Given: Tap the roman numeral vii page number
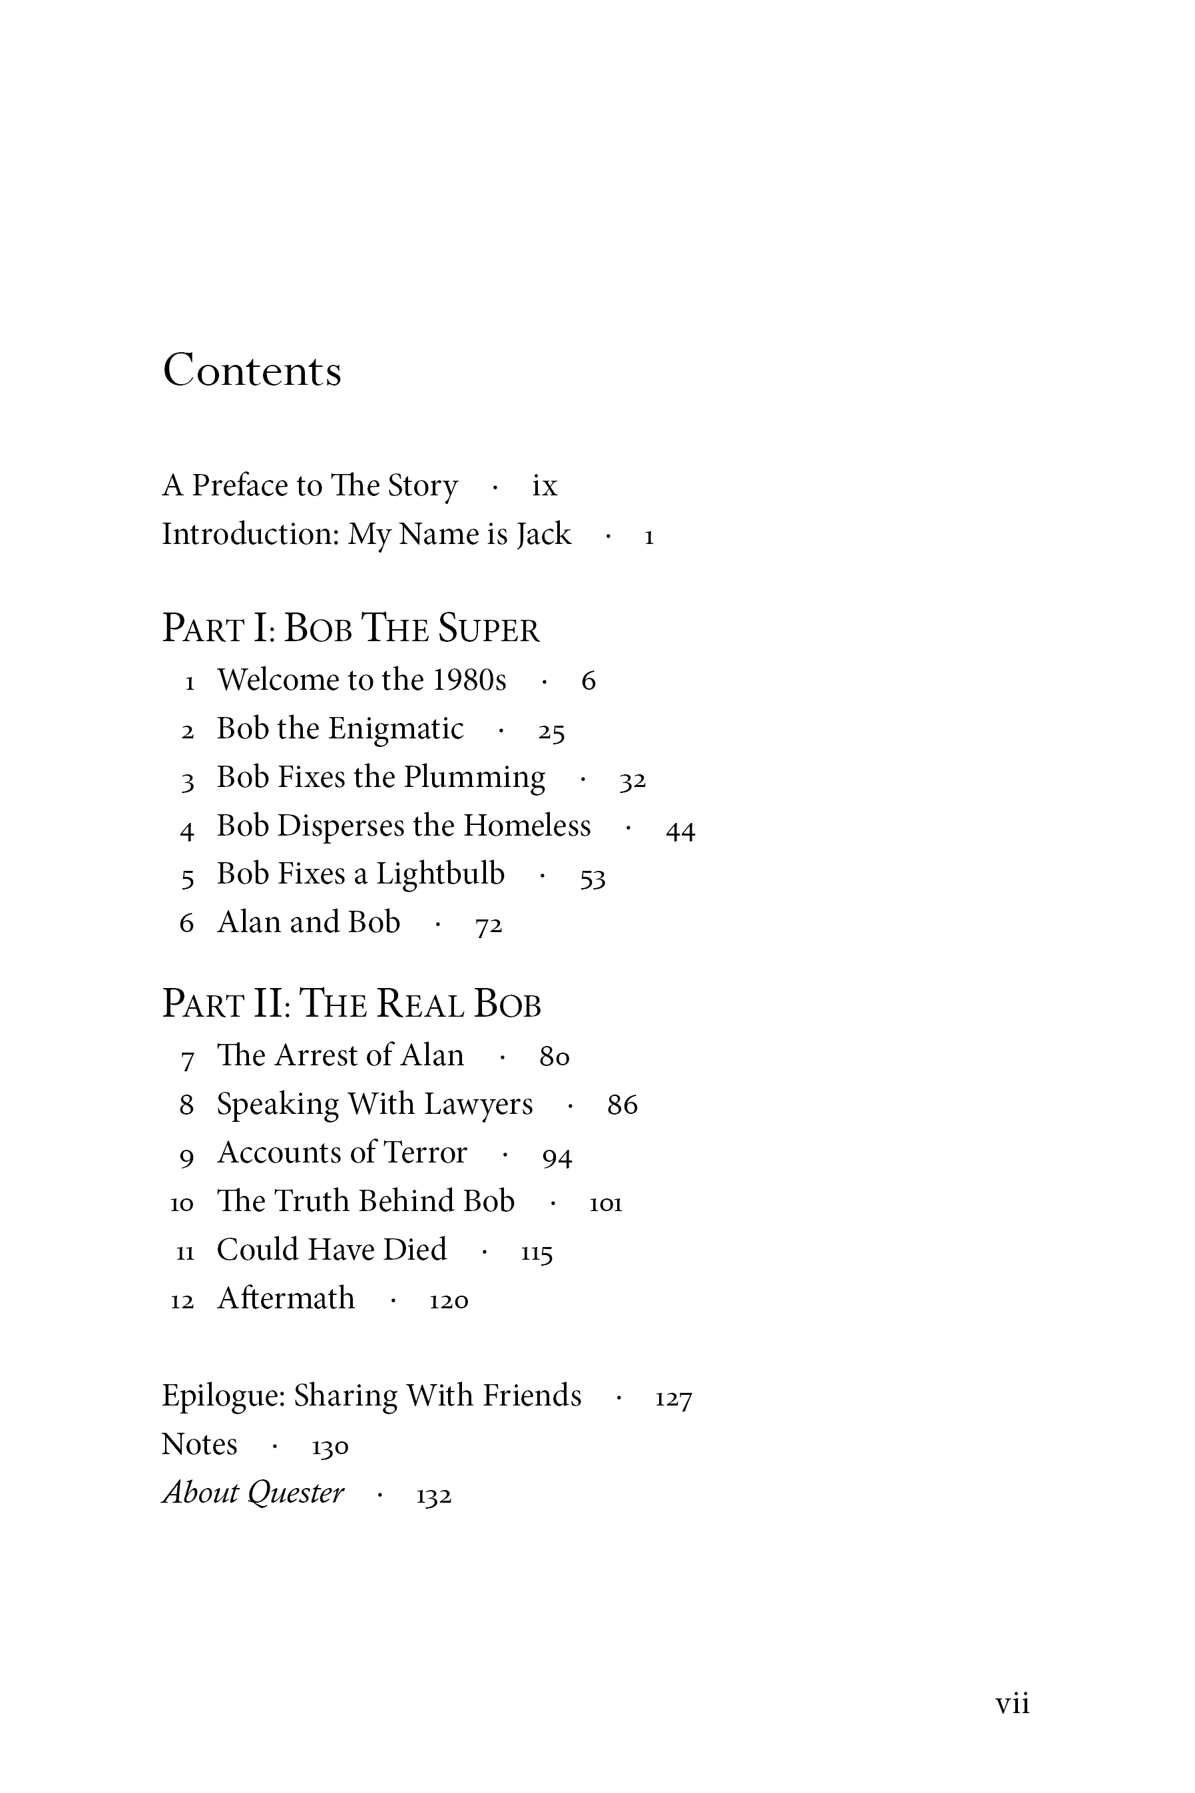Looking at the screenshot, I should point(1012,1703).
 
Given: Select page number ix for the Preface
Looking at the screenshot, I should point(544,485).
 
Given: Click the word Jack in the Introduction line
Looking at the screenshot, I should point(543,534).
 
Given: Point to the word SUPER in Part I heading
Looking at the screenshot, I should point(489,629).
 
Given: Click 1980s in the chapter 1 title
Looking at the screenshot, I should point(469,680).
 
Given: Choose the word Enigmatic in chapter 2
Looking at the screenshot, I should point(395,729).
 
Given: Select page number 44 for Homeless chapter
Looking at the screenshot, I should point(680,829).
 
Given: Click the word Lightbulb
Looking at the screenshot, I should point(440,874).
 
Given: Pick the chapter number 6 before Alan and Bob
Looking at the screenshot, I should point(186,923).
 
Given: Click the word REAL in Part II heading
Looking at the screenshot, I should point(419,1003).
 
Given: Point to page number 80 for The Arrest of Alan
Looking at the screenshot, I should point(554,1057).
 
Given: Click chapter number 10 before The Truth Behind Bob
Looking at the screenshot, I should point(182,1203).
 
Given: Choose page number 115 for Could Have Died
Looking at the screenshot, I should point(537,1252).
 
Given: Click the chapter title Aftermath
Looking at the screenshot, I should point(286,1298).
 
